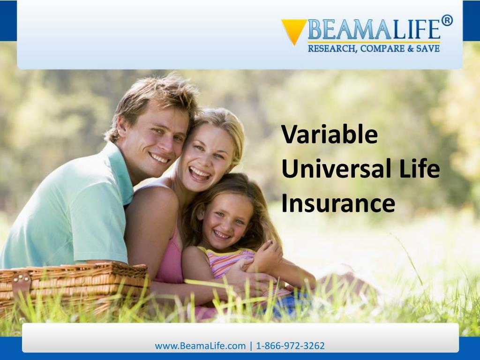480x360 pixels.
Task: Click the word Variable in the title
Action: pyautogui.click(x=330, y=135)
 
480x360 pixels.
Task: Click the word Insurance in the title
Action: pyautogui.click(x=338, y=203)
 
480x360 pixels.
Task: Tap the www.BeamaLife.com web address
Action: pyautogui.click(x=200, y=346)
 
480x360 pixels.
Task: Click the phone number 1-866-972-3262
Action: pyautogui.click(x=290, y=346)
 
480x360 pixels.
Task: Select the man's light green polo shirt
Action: pyautogui.click(x=70, y=211)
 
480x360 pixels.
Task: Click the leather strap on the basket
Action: pyautogui.click(x=21, y=286)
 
